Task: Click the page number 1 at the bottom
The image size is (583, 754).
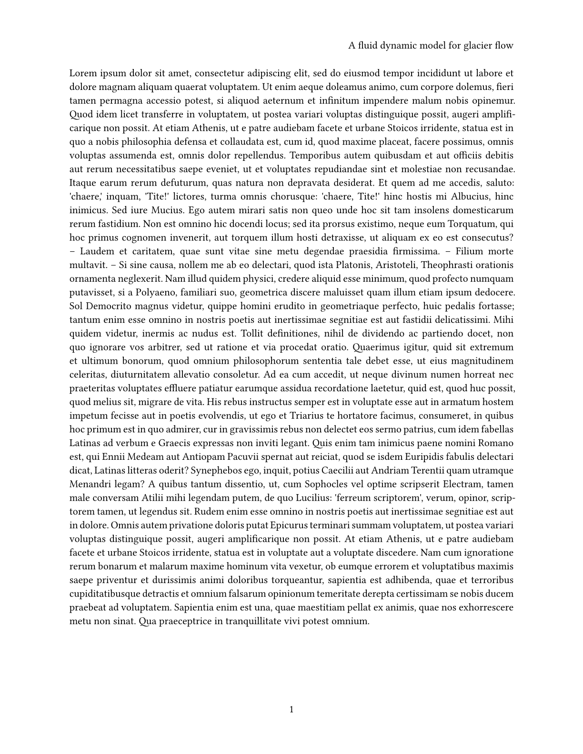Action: point(291,710)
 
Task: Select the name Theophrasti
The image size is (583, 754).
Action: point(444,265)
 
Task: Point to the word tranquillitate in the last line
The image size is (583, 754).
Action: point(256,621)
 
